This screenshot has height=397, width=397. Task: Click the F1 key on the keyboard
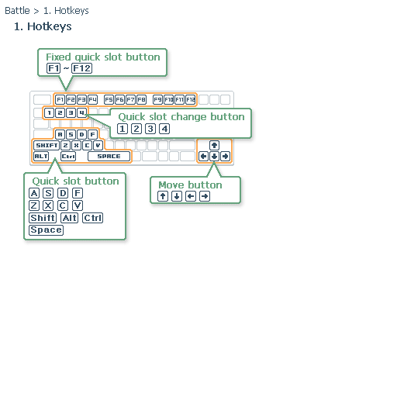60,99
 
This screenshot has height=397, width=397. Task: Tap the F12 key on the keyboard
191,99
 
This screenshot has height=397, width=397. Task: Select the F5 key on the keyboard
109,99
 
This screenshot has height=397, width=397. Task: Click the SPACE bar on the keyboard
109,156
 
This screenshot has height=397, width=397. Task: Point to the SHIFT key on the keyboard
47,145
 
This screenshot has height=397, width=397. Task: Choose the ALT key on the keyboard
41,156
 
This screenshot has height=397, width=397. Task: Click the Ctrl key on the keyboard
68,156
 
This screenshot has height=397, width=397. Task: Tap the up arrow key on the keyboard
214,145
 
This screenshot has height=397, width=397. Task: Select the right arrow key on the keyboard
226,156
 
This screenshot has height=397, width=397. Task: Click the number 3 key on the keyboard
71,113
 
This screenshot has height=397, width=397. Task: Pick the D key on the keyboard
81,134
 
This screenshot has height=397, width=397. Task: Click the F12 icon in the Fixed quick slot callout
81,68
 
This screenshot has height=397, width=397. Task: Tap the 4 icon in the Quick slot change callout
164,129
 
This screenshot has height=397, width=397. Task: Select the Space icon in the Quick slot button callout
47,230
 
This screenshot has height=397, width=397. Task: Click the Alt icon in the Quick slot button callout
70,218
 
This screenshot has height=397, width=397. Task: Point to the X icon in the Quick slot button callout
48,205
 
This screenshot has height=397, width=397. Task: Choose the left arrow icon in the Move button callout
191,196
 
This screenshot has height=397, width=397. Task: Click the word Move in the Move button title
171,185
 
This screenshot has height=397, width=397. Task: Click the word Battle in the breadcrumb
17,11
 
